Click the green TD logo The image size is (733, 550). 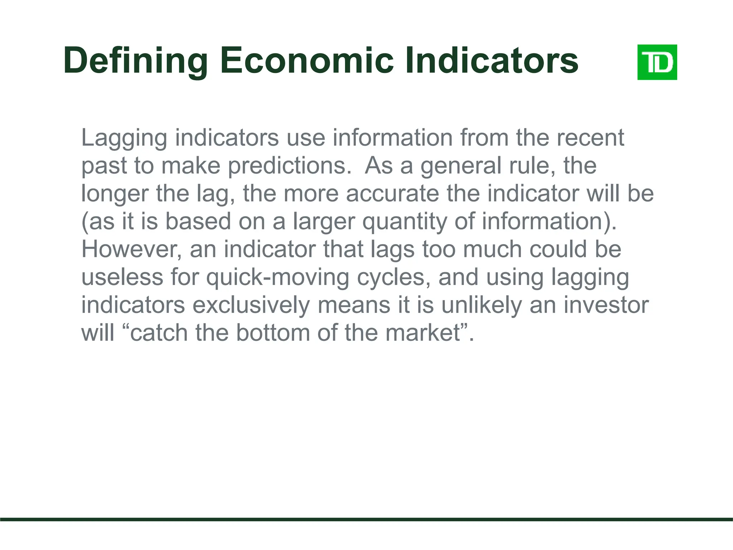point(657,62)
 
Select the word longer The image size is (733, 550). point(115,194)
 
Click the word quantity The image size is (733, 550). point(404,222)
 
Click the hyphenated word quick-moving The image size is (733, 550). point(277,278)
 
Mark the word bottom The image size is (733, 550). point(272,333)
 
